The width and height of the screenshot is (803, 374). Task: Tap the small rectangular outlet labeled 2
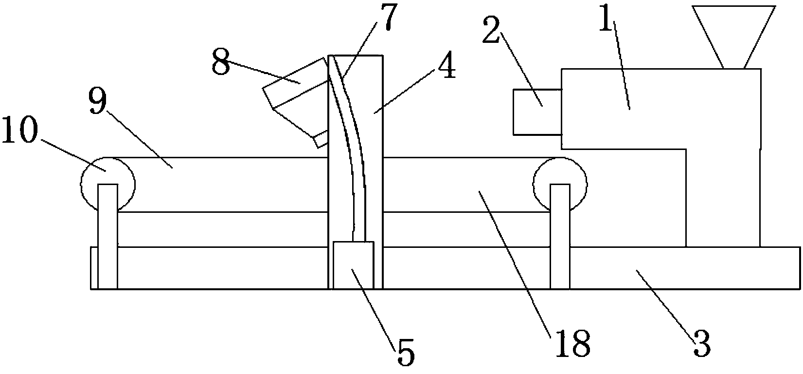pos(537,112)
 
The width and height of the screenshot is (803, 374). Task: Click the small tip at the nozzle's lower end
pos(321,140)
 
